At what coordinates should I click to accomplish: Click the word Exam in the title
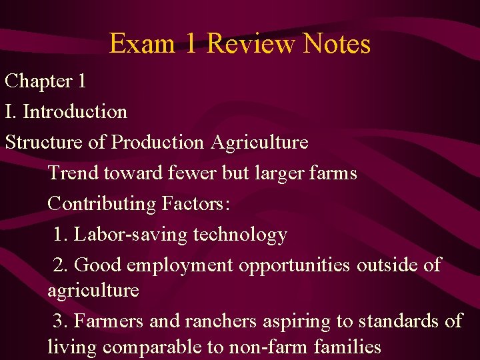pyautogui.click(x=142, y=44)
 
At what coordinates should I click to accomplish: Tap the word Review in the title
pyautogui.click(x=250, y=44)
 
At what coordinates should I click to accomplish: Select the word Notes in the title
pyautogui.click(x=336, y=44)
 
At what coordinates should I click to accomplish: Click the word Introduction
pyautogui.click(x=75, y=111)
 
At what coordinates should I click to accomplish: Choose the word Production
pyautogui.click(x=158, y=142)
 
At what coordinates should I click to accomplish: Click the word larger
pyautogui.click(x=279, y=173)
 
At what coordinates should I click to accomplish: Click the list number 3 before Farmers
pyautogui.click(x=59, y=321)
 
